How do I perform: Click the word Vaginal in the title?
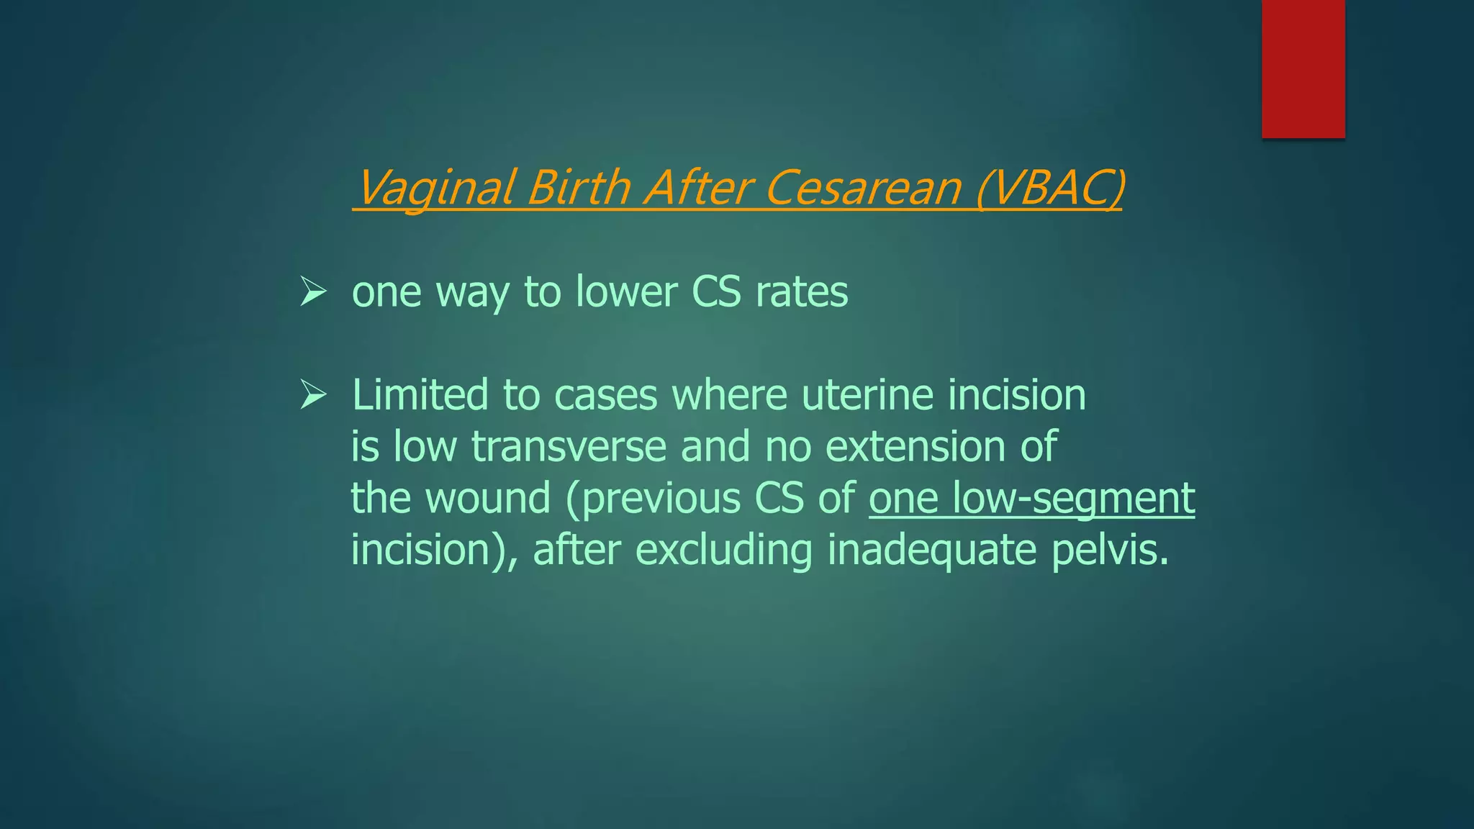435,188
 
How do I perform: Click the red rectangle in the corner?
1303,68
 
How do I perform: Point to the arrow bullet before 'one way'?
314,291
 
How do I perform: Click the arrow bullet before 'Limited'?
314,395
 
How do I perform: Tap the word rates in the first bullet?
802,292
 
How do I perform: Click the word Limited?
420,395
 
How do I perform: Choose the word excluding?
723,550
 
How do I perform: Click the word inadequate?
932,550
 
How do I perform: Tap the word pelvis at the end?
1109,550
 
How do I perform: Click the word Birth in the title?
578,188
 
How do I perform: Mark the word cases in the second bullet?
605,395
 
